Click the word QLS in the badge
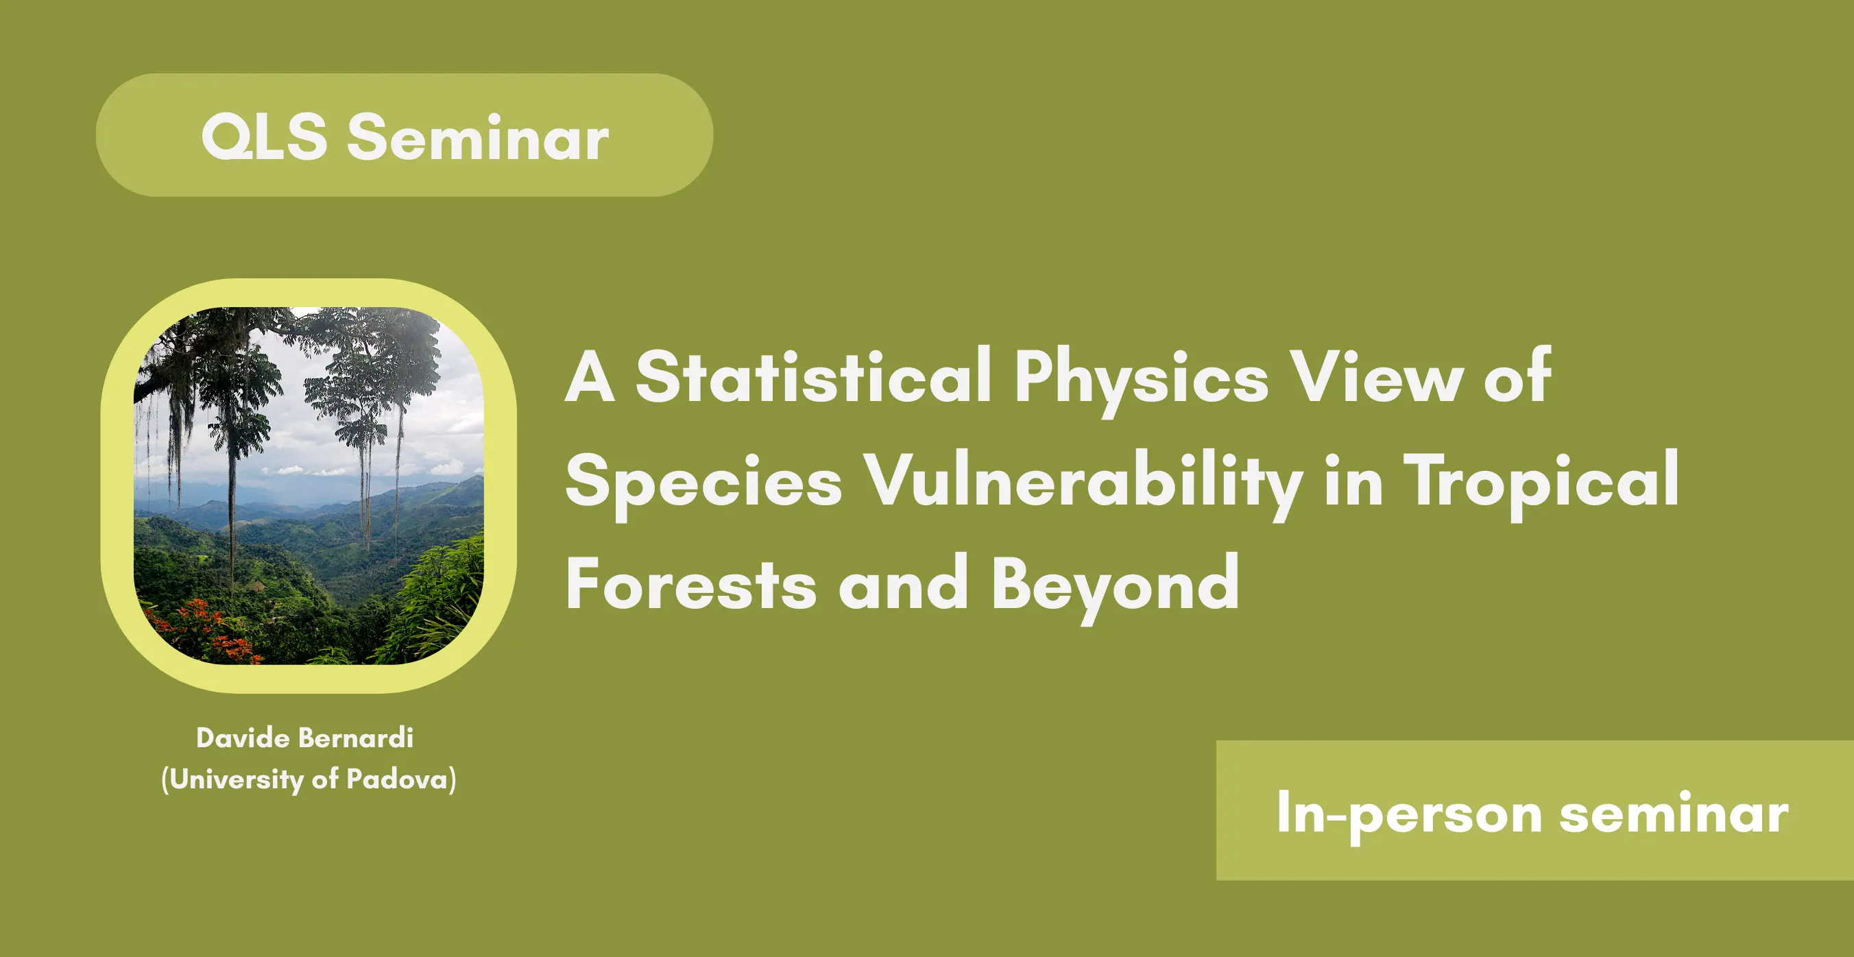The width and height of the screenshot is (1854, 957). tap(264, 136)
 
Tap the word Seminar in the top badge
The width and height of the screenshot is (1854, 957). tap(479, 136)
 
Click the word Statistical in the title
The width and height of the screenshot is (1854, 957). tap(814, 376)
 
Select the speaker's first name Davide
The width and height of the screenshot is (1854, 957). tap(243, 738)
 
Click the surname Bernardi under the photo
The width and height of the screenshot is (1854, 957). tap(356, 738)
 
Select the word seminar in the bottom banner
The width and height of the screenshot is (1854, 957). tap(1674, 813)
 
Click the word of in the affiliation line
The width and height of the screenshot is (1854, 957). tap(325, 779)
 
